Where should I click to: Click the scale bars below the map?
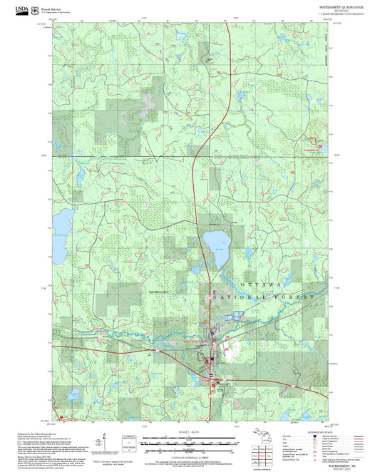pos(189,441)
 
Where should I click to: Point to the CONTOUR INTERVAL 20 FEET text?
pos(189,454)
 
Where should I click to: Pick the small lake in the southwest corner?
pos(73,394)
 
